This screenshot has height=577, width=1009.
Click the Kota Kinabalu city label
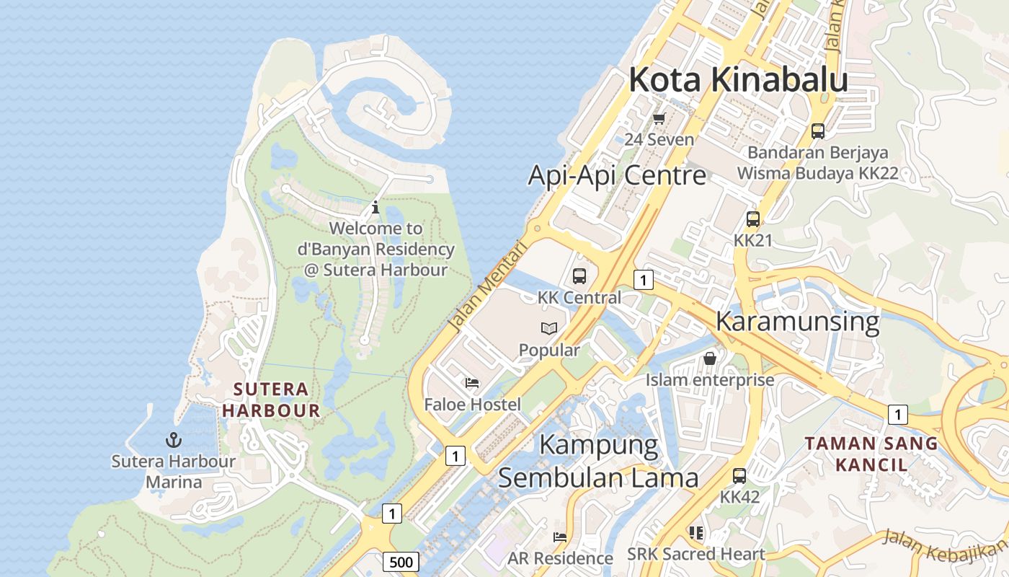pos(737,79)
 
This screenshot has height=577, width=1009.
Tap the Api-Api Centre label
pos(617,175)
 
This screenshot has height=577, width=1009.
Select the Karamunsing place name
pos(797,322)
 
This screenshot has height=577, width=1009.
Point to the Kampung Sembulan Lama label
pos(598,462)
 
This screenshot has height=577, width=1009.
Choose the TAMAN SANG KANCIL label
pos(871,454)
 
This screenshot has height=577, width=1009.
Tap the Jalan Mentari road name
pos(488,286)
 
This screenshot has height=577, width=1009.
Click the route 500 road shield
pos(401,562)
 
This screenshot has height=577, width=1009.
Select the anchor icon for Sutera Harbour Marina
pos(173,439)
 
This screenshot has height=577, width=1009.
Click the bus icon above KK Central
pos(579,276)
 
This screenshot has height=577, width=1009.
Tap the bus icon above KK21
pos(752,219)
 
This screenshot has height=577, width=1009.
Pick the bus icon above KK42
pos(739,475)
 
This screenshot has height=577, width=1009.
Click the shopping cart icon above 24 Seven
pos(659,118)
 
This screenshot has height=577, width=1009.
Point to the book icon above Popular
pos(549,329)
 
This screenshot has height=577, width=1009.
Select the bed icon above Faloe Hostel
pos(472,383)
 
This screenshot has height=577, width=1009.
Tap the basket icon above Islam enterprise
pos(710,358)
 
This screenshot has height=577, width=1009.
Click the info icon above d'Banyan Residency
pos(375,208)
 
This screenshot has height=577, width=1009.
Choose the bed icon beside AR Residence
pos(559,537)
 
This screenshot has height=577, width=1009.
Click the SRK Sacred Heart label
pos(695,554)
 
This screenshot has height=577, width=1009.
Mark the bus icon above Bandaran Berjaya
pos(817,131)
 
